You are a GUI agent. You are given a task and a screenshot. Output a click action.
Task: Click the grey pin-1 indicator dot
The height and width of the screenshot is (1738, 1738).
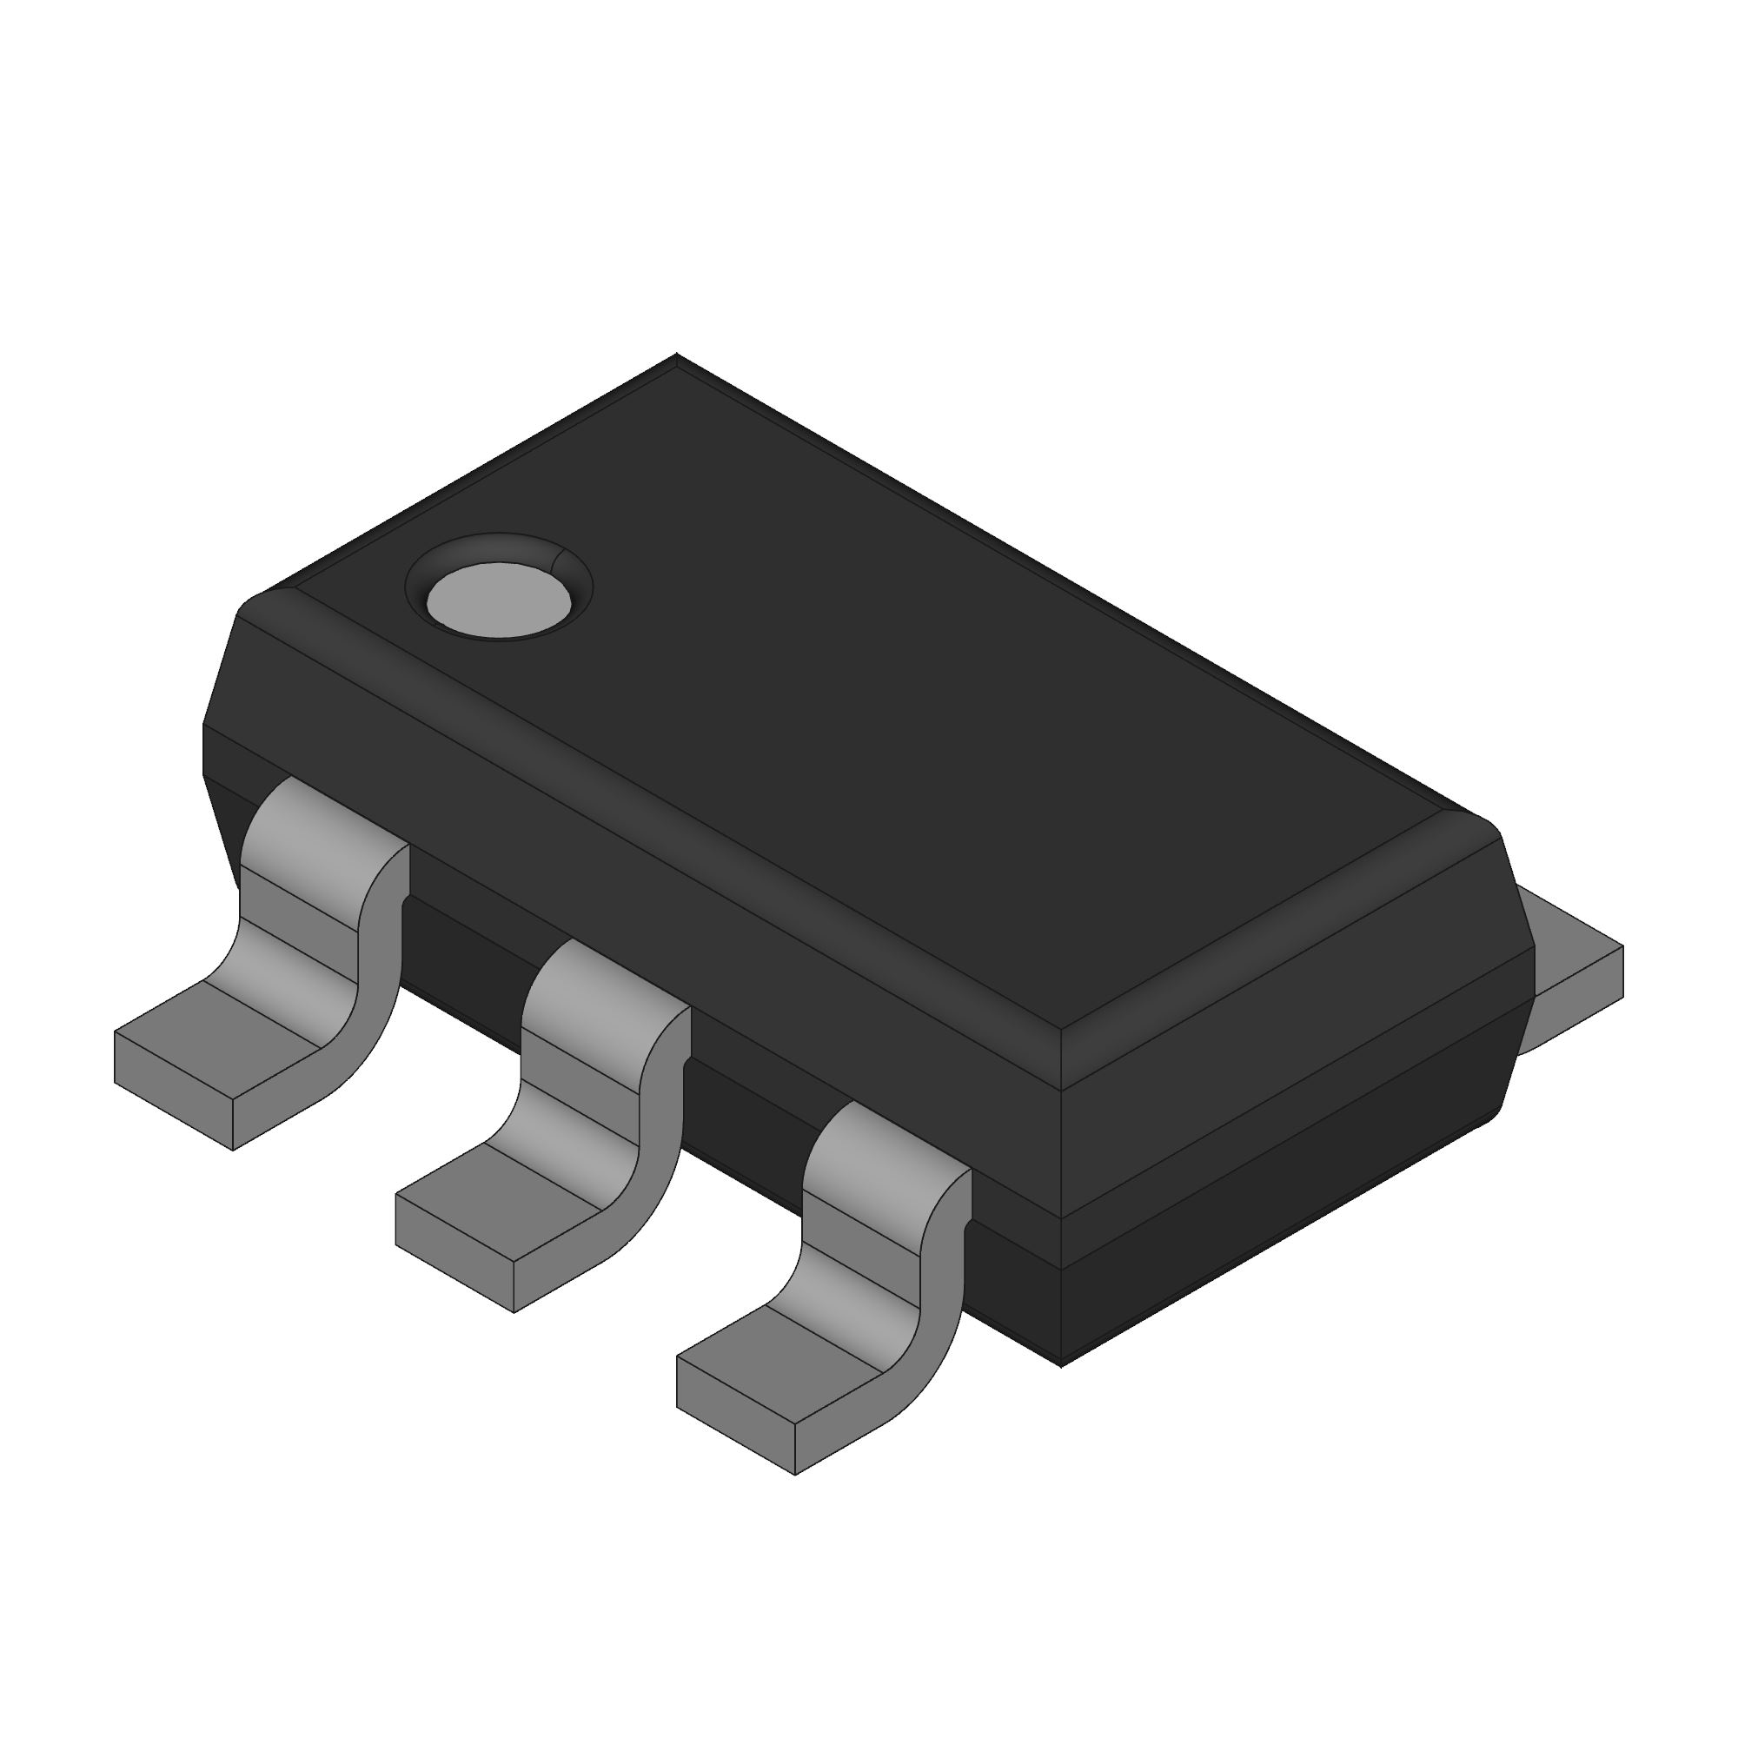500,600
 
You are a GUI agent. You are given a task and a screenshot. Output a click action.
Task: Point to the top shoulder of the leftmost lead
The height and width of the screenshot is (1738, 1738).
324,823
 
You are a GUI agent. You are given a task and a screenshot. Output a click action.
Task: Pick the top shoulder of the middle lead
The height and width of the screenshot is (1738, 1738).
605,985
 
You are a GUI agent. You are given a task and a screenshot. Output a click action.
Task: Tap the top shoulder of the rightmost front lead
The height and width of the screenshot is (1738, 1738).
886,1147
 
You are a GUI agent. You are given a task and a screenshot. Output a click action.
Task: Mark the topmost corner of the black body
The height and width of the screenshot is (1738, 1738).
676,357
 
